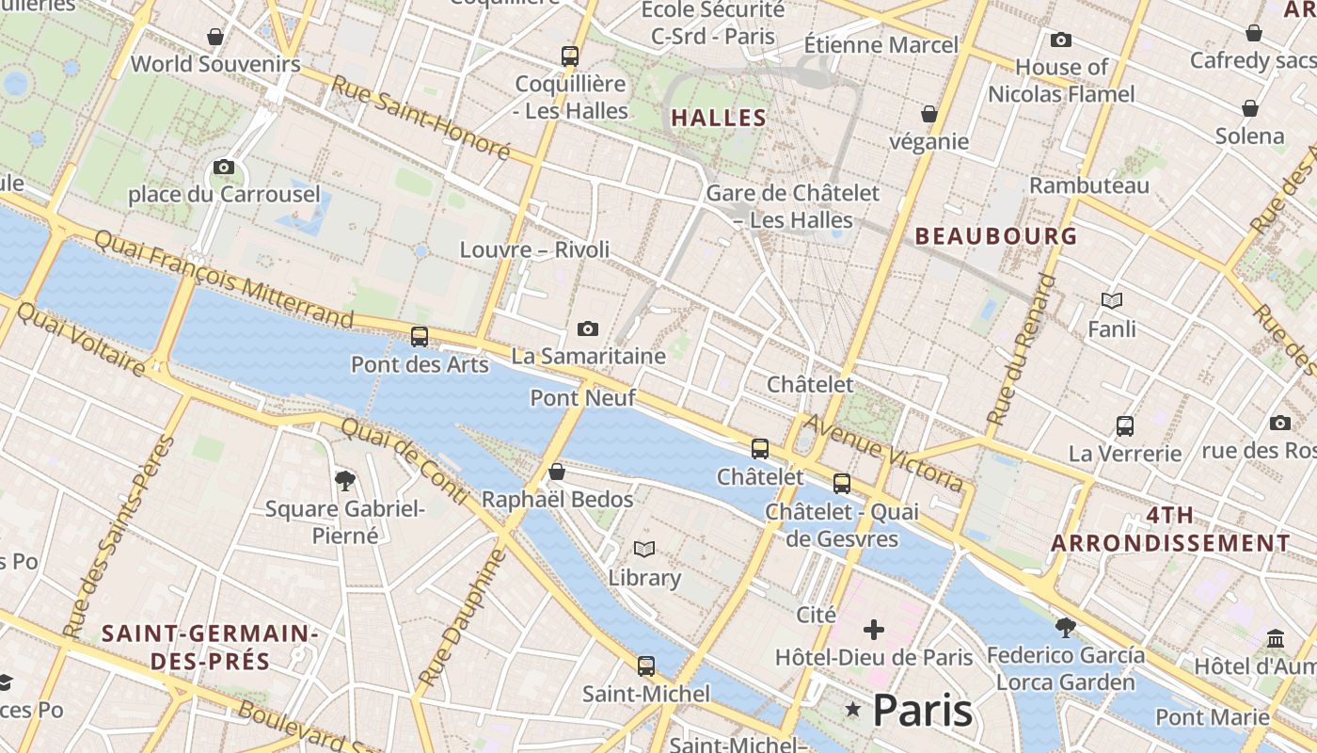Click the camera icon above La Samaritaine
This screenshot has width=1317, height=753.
(588, 328)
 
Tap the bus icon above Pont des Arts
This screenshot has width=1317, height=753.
(420, 336)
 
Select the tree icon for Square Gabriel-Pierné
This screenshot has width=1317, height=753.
(345, 481)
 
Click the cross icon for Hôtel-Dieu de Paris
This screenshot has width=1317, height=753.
(874, 629)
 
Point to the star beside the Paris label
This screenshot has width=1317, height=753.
(853, 709)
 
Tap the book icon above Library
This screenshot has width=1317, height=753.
(644, 549)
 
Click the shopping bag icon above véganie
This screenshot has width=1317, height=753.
(929, 114)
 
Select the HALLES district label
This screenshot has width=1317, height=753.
(719, 118)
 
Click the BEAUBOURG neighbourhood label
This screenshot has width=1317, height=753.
(996, 236)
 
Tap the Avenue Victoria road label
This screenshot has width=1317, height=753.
(883, 453)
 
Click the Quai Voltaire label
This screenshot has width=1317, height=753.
(82, 339)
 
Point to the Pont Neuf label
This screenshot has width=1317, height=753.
(583, 397)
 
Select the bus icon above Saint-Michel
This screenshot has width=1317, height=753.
(646, 666)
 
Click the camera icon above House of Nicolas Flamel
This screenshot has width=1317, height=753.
(1061, 40)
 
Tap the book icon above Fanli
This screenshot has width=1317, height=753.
(1112, 300)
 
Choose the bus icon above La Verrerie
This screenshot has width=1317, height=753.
(1125, 425)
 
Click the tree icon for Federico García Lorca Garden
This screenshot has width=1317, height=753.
(1066, 627)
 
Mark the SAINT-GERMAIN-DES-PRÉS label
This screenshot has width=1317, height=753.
(210, 647)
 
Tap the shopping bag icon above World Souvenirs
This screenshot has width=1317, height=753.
(215, 37)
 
